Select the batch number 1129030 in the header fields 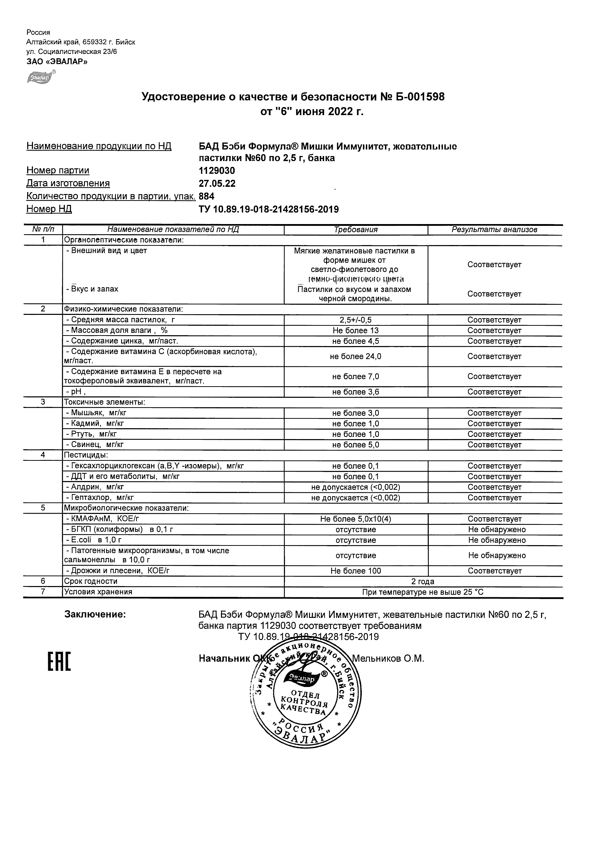coord(217,171)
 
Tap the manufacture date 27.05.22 coord(217,184)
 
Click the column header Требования coord(356,230)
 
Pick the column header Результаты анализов coord(494,230)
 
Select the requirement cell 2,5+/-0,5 coord(356,320)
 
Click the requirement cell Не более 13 coord(356,331)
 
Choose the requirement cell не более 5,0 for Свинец coord(356,445)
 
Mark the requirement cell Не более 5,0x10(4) coord(356,519)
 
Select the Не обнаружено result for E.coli coord(497,540)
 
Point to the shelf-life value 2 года coord(423,582)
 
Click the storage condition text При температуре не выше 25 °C coord(423,593)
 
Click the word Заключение coord(95,615)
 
